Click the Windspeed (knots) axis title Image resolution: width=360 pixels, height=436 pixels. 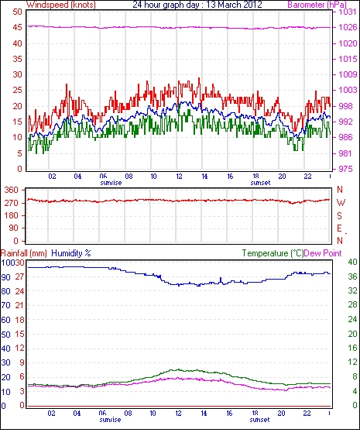[61, 5]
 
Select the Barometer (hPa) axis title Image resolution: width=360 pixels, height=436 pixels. [317, 5]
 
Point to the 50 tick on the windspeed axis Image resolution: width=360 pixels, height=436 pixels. [17, 12]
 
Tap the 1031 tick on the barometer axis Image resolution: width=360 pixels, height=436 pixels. [347, 12]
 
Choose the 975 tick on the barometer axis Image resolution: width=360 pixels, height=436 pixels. [345, 169]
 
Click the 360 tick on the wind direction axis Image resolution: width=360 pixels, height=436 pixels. [12, 191]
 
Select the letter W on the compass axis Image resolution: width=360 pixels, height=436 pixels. [341, 203]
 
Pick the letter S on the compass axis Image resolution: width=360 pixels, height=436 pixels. [339, 215]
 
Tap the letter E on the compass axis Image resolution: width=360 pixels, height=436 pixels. [339, 228]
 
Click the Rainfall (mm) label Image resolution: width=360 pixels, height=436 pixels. [24, 253]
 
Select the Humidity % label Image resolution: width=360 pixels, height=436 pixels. [71, 253]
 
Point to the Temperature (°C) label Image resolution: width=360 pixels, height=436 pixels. [273, 253]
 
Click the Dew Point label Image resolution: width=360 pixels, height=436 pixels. [323, 253]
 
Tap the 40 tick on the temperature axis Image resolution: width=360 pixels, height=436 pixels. [353, 262]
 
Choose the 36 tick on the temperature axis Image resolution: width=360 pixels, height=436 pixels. [353, 276]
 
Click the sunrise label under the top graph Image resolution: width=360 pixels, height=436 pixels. [111, 183]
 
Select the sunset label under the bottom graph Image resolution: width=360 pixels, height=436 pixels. [259, 420]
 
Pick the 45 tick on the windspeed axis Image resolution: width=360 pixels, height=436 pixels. [17, 28]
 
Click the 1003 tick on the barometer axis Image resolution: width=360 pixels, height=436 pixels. [348, 90]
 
